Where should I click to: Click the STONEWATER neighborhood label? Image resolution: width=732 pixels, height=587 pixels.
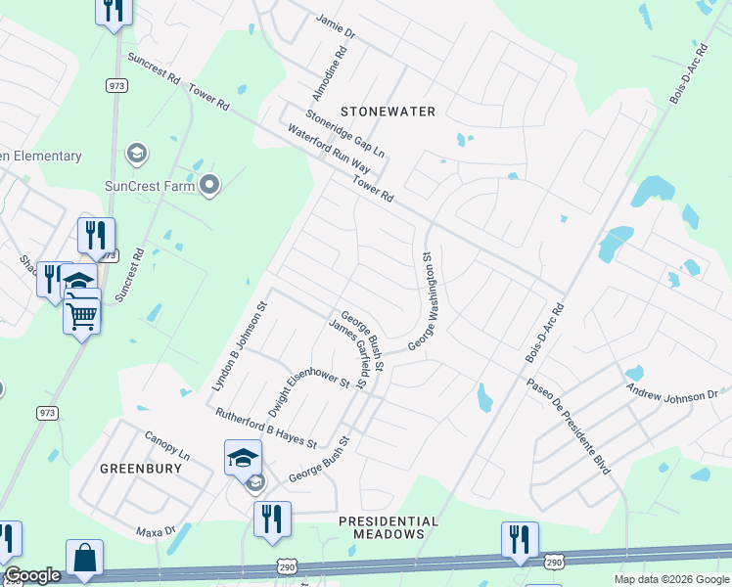tap(387, 112)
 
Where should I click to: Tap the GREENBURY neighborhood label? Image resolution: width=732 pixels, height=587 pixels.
tap(141, 469)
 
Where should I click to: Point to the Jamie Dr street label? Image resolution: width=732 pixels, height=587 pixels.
tap(336, 24)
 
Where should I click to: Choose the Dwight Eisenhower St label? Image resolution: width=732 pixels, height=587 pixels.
tap(308, 388)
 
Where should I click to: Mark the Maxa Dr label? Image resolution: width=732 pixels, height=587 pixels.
tap(155, 531)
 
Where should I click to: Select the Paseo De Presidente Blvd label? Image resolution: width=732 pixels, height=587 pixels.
tap(568, 427)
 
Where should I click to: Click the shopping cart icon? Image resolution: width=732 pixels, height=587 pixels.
tap(82, 314)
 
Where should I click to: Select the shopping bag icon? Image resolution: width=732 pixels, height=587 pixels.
tap(86, 558)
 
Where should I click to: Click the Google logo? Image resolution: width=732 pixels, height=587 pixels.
tap(32, 575)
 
